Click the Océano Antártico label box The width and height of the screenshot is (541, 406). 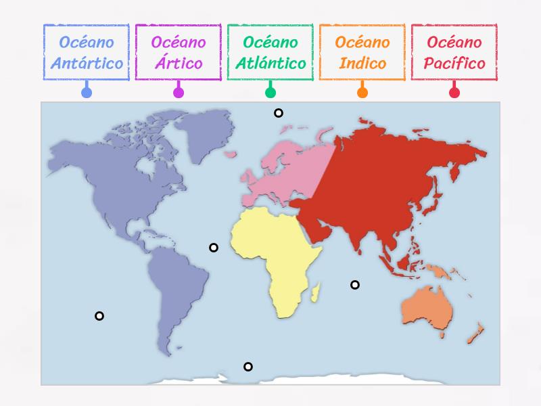coord(87,53)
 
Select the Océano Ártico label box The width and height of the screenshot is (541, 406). coord(179,53)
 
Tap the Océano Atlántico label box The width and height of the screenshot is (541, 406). coord(270,53)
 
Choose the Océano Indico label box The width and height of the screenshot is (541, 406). coord(362,53)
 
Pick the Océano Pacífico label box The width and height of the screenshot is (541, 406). coord(454,53)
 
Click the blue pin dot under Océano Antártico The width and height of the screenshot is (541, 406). coord(87,93)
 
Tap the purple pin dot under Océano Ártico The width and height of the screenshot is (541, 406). coord(179,93)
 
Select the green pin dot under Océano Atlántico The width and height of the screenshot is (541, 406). coord(270,93)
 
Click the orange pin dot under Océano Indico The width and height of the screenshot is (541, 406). coord(362,93)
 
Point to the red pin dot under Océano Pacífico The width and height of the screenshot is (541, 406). coord(454,93)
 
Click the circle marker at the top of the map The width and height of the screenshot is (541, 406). coord(278,113)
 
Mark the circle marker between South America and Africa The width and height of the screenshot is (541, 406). coord(214,248)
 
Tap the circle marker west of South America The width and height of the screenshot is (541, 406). coord(99,316)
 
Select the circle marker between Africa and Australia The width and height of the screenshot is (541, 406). coord(355,285)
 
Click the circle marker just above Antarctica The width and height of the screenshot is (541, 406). coord(248,367)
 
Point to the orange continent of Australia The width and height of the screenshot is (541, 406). coord(426,308)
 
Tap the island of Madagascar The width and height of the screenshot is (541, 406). coord(314,292)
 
